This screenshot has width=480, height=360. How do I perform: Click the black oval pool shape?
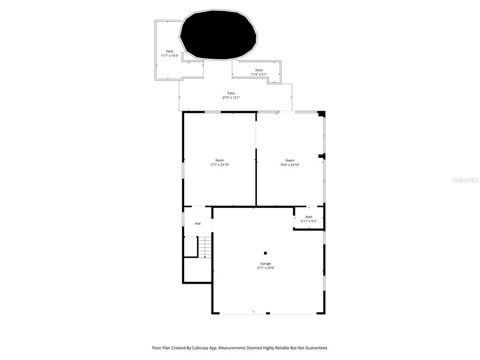pos(218,36)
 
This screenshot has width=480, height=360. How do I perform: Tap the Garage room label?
pos(266,263)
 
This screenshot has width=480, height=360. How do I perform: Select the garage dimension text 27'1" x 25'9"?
pos(266,268)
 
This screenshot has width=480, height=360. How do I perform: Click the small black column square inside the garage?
pos(265,253)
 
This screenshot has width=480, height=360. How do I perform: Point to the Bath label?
pos(309,217)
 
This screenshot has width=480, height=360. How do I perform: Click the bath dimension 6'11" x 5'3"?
pos(309,221)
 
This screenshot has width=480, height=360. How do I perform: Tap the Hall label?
pos(198,224)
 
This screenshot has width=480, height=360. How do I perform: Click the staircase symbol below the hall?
pos(205,247)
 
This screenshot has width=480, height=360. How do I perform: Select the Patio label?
pos(231,93)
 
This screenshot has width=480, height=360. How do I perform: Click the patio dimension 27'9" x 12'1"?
pos(231,97)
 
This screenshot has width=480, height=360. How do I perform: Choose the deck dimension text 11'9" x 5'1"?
pos(259,75)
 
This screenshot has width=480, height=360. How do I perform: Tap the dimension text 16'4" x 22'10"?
pos(290,165)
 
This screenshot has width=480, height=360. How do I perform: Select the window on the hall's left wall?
pos(183,220)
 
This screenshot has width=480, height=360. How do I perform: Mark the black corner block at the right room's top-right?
pos(322,114)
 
